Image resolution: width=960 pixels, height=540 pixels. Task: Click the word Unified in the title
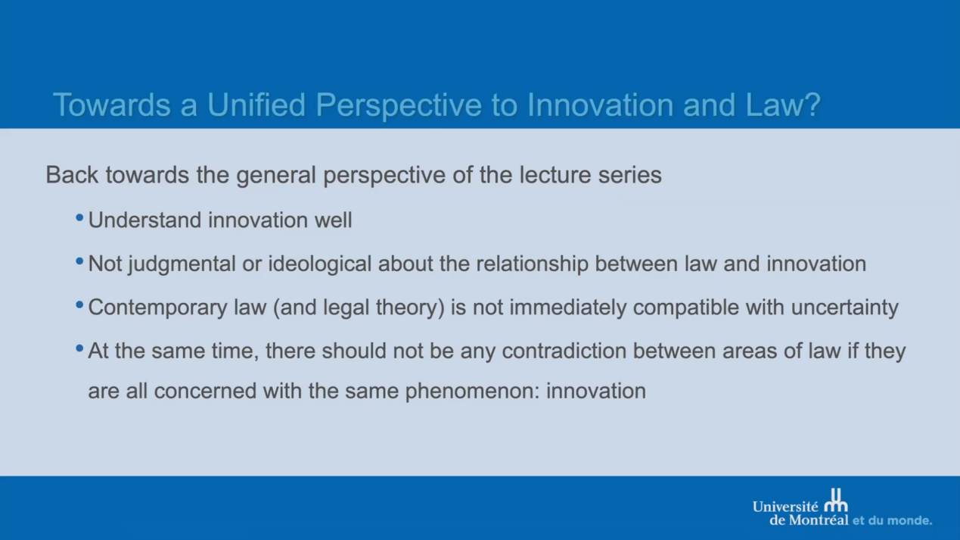click(256, 105)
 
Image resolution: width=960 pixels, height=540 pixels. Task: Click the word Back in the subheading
click(72, 174)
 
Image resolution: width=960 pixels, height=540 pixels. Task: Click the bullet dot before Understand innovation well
click(79, 218)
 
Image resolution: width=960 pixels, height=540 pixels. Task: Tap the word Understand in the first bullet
click(144, 220)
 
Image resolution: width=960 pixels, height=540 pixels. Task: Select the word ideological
click(320, 264)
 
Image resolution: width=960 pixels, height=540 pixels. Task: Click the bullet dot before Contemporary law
click(79, 305)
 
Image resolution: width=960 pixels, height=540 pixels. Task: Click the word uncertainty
click(845, 308)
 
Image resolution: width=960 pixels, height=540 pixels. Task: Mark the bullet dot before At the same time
click(79, 348)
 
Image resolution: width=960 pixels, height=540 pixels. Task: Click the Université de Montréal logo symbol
click(836, 501)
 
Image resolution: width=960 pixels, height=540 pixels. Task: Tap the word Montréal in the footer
click(819, 520)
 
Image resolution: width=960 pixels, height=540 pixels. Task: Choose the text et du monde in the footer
click(892, 521)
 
